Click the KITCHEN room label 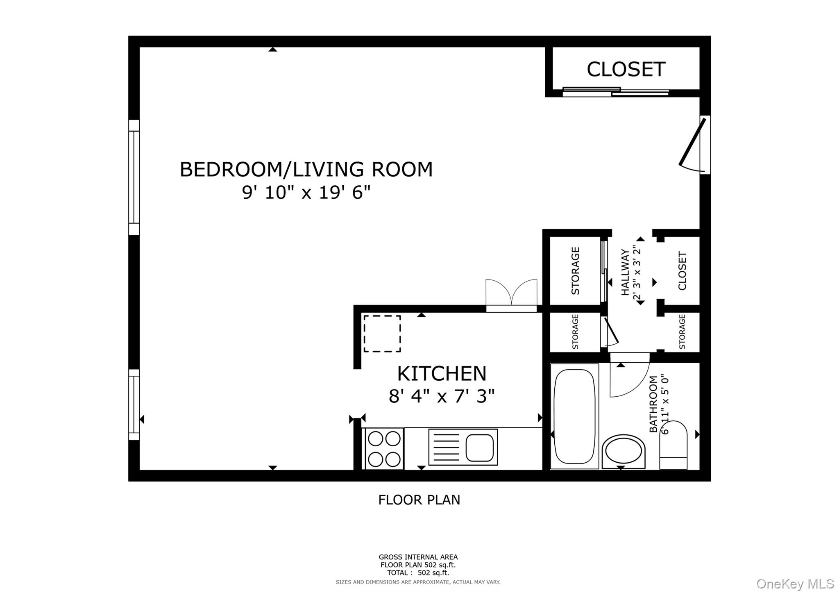point(442,374)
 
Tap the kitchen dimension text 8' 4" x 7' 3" point(442,396)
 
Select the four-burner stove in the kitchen point(384,448)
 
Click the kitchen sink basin point(479,448)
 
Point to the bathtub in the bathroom point(574,416)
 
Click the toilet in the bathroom point(673,447)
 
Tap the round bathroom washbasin point(623,451)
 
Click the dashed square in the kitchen point(382,333)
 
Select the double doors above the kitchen point(511,295)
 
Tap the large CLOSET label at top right point(626,69)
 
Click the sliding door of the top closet point(615,92)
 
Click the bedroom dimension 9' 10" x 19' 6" point(306,192)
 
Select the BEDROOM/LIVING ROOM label point(306,170)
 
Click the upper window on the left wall point(134,177)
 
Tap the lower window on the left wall point(134,404)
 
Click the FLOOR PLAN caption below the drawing point(419,500)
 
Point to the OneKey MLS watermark point(795,584)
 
